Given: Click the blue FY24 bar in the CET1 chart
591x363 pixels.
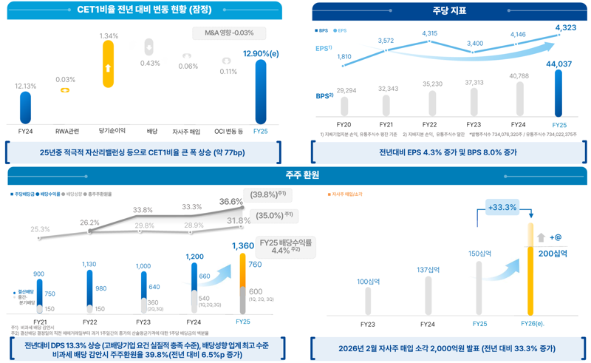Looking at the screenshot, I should pyautogui.click(x=26, y=108).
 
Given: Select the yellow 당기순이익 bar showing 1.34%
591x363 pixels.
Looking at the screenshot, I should pyautogui.click(x=109, y=69).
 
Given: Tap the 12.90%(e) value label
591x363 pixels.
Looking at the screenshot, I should pyautogui.click(x=261, y=53).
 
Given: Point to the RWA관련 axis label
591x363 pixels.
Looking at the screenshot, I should pyautogui.click(x=66, y=132).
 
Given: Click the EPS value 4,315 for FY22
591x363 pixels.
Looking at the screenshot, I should pyautogui.click(x=429, y=34).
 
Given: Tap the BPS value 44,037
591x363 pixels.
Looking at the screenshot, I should pyautogui.click(x=558, y=64).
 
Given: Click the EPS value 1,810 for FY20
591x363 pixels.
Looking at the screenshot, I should pyautogui.click(x=344, y=57).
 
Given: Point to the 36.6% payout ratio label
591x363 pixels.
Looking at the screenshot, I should pyautogui.click(x=230, y=202).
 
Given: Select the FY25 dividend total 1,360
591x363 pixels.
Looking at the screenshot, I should pyautogui.click(x=242, y=245).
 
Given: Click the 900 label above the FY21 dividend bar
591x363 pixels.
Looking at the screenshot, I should pyautogui.click(x=39, y=274).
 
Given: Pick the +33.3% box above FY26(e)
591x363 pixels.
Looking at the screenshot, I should pyautogui.click(x=502, y=208).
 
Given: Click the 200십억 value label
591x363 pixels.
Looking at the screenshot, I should pyautogui.click(x=554, y=254).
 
